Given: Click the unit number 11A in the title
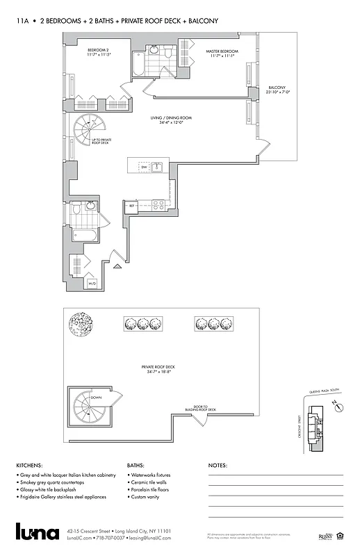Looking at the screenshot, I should click(x=23, y=22).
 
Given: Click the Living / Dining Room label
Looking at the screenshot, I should click(x=171, y=118).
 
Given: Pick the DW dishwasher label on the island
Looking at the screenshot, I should click(x=144, y=167).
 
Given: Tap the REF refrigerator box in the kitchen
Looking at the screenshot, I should click(x=131, y=206).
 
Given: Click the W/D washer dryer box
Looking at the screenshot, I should click(x=91, y=284).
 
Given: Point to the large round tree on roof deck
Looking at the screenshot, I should click(x=81, y=324).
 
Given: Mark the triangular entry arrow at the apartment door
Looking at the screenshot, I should click(x=117, y=265).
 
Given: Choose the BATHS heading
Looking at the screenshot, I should click(x=136, y=466).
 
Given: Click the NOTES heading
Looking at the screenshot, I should click(x=218, y=466).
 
